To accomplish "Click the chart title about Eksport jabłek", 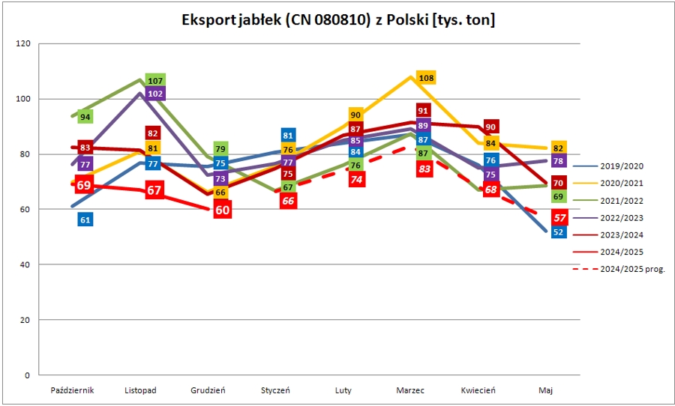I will [x=338, y=20].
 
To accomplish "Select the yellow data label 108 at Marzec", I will [x=427, y=78].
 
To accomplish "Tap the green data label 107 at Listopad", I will [x=156, y=81].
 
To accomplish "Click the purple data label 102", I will [x=156, y=94].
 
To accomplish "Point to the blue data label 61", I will [x=85, y=219].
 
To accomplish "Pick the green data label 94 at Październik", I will [x=85, y=117].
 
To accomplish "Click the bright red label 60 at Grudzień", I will [x=223, y=210].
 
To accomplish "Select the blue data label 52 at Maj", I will [x=558, y=232].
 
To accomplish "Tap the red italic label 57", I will [x=558, y=217].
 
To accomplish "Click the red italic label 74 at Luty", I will [x=356, y=180].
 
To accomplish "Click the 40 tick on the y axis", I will [x=25, y=264].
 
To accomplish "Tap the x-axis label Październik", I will [x=72, y=390].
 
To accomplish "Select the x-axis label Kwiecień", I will [x=478, y=390].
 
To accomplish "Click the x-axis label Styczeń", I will [x=276, y=390].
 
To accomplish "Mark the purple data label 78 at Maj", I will [x=558, y=161].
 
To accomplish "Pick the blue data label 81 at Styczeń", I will [x=288, y=136].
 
